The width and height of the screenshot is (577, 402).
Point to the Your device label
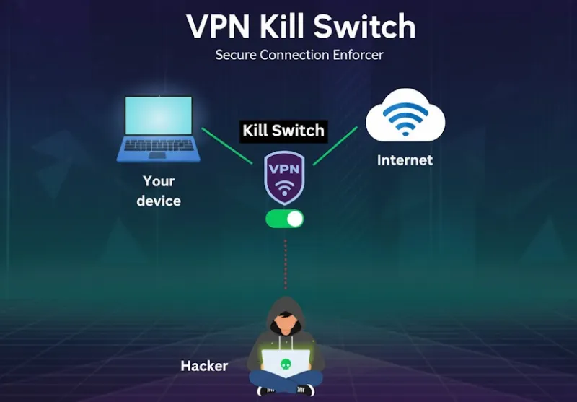(x=159, y=191)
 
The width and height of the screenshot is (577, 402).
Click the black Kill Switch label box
(x=283, y=131)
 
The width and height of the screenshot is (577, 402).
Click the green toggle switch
(x=285, y=219)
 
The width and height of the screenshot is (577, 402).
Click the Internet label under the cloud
(x=405, y=160)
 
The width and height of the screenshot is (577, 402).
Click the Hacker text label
(x=204, y=366)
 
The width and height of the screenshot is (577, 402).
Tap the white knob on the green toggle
(x=294, y=219)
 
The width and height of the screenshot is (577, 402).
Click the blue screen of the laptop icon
(x=158, y=119)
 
